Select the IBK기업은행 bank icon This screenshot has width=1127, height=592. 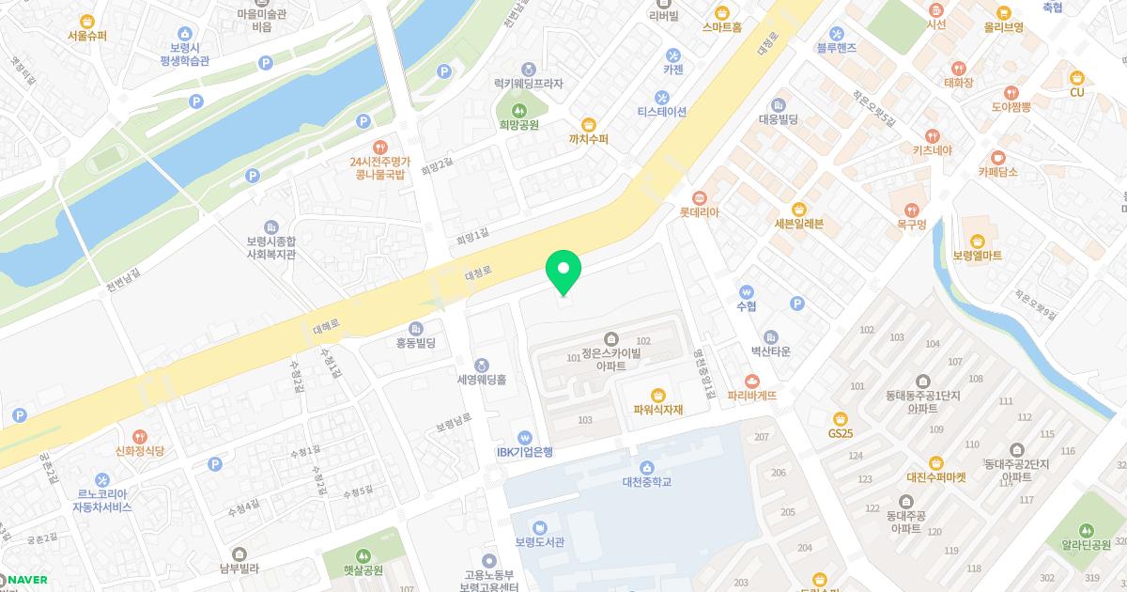[x=525, y=436]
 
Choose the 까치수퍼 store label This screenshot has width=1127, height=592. [x=589, y=139]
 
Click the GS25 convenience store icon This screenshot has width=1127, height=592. [x=841, y=419]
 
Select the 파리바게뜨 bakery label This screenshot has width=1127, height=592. [x=752, y=396]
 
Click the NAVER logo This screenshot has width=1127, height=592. [x=25, y=579]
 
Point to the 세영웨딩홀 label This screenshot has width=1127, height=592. [x=481, y=380]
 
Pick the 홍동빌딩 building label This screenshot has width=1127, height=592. [x=416, y=343]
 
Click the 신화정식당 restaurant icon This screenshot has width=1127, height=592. [x=139, y=436]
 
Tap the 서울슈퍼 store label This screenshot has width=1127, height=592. [x=87, y=36]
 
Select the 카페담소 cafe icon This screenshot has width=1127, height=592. [x=997, y=157]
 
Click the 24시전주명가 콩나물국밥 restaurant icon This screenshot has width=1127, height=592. [x=379, y=147]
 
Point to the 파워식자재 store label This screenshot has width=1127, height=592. [x=658, y=409]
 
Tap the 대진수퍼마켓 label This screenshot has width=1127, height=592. [x=936, y=476]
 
